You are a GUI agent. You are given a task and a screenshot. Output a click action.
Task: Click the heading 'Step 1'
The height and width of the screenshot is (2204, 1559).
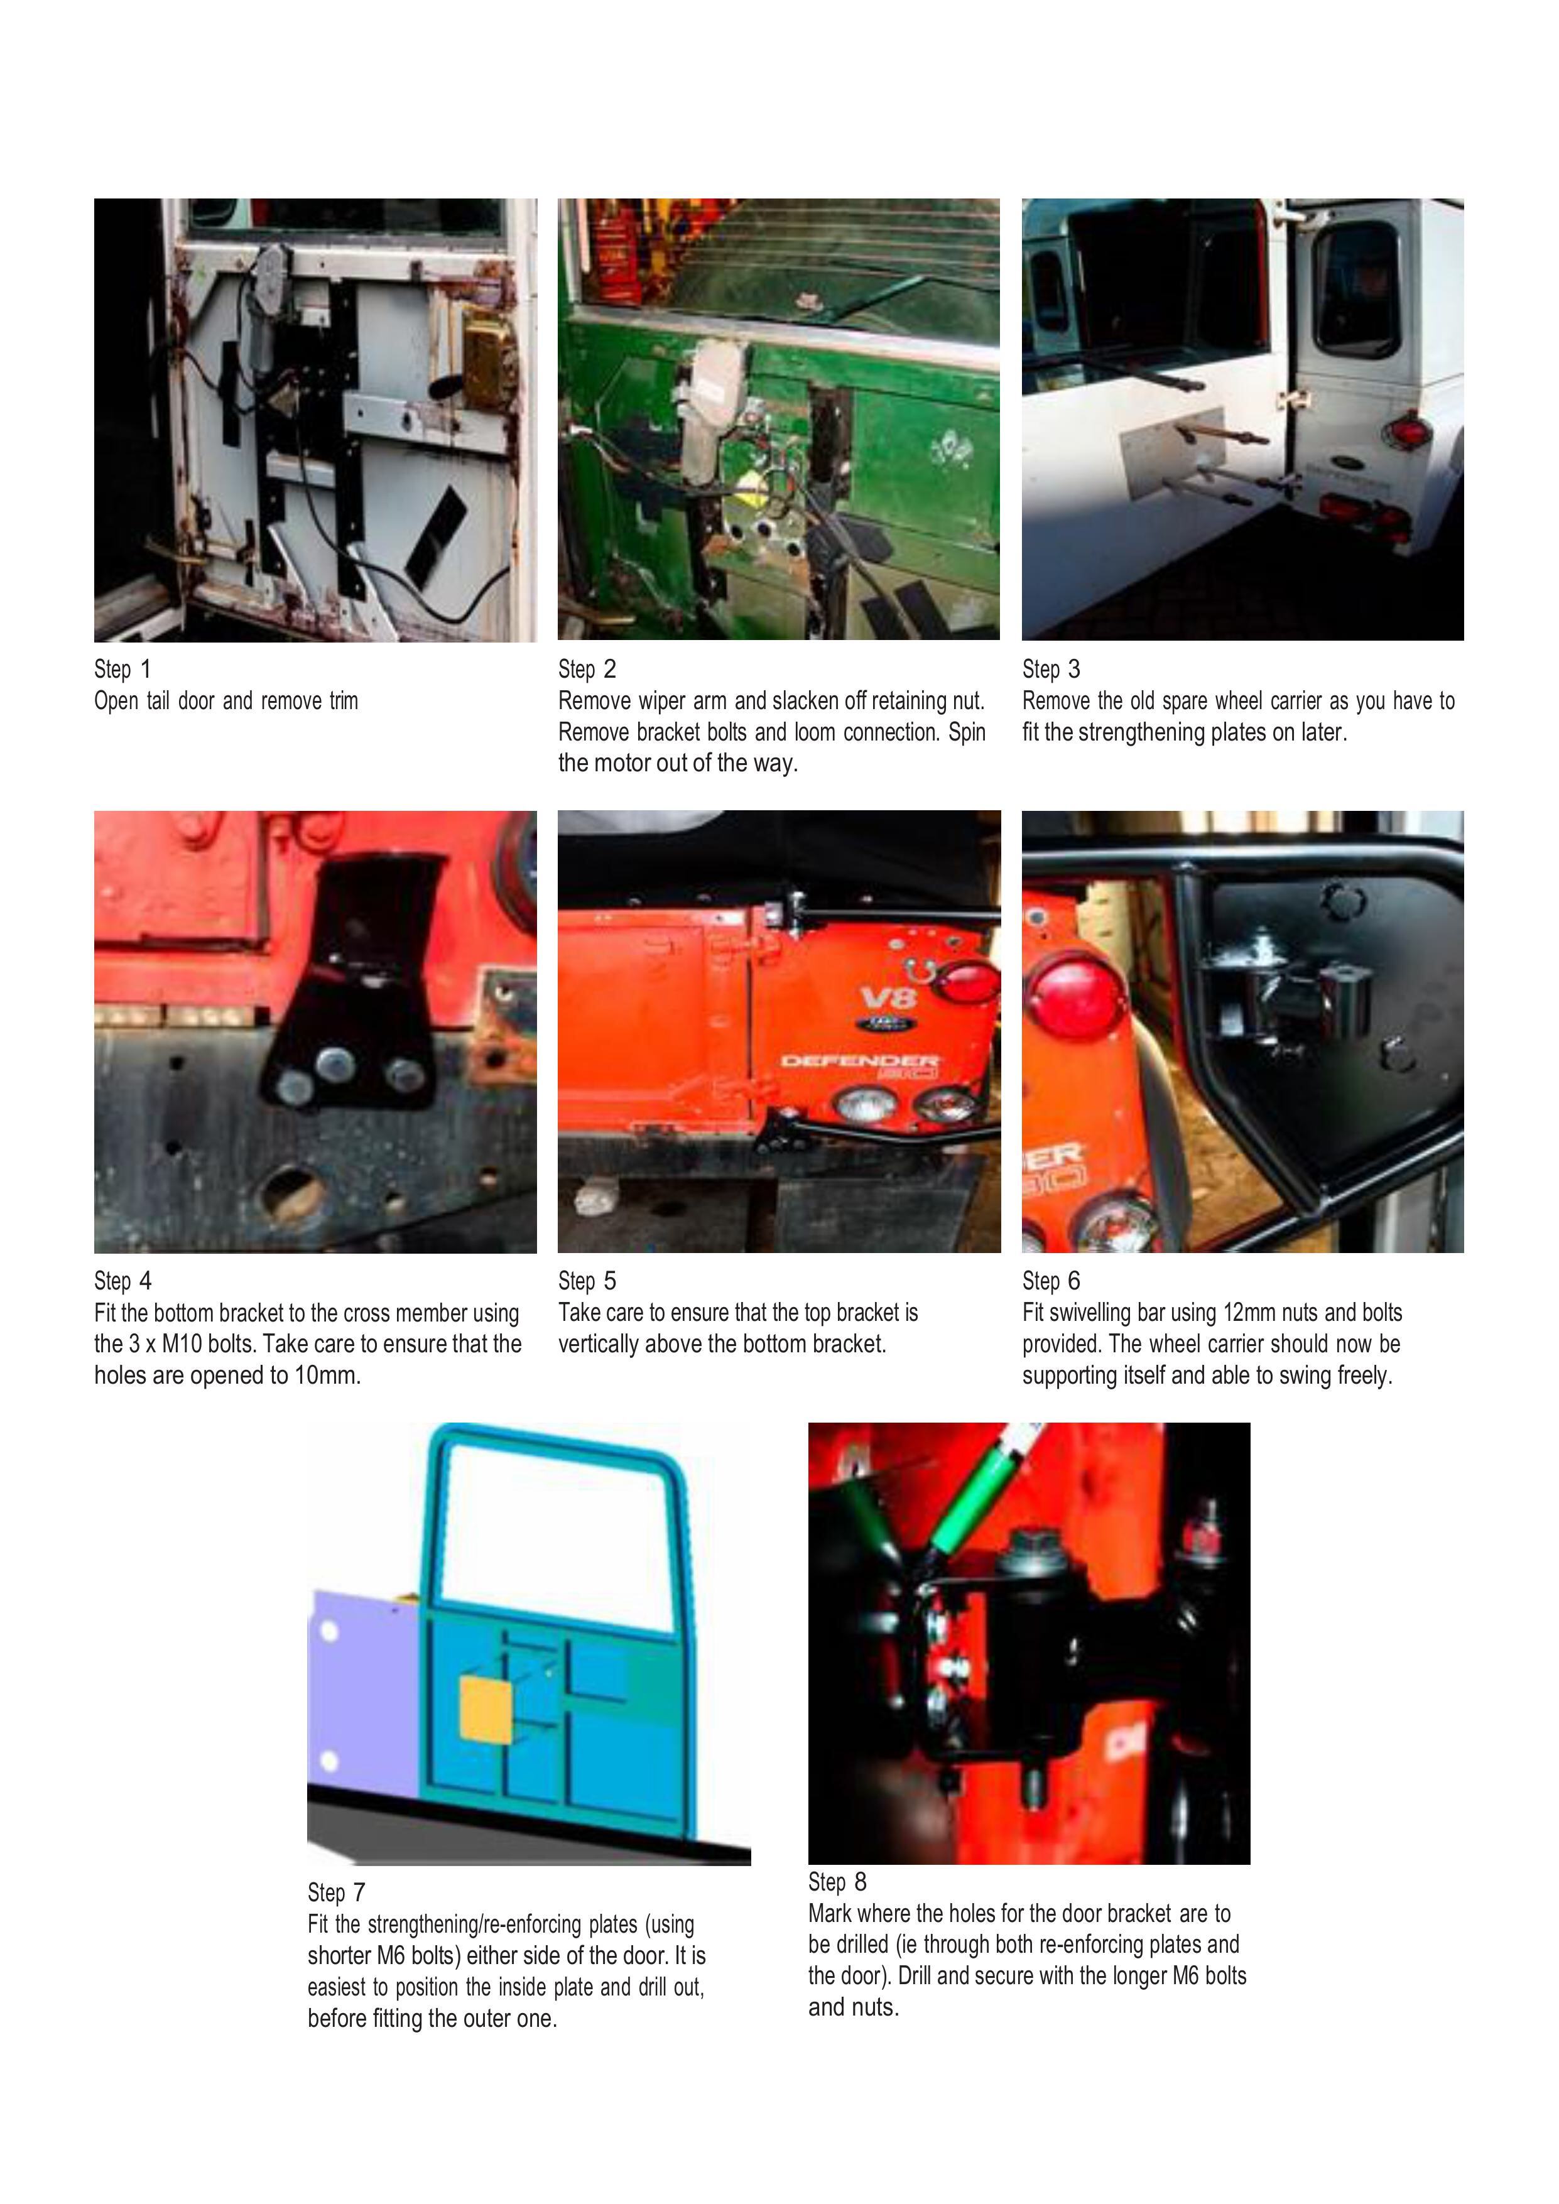coord(122,669)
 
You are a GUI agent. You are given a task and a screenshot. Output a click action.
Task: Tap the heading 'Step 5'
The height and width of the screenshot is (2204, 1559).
coord(587,1281)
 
